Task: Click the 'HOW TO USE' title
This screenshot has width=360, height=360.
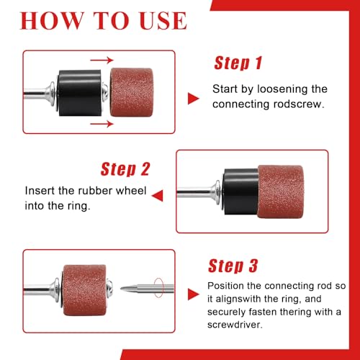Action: pyautogui.click(x=103, y=21)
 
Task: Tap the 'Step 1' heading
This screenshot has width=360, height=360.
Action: pyautogui.click(x=238, y=63)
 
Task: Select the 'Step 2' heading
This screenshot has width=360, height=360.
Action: pyautogui.click(x=125, y=169)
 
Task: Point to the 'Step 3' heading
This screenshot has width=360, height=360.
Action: pyautogui.click(x=233, y=266)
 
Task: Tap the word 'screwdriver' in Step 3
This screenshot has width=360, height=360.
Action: pyautogui.click(x=235, y=325)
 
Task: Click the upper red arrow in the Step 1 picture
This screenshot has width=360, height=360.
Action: pyautogui.click(x=102, y=60)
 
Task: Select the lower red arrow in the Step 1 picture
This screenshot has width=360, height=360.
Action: pyautogui.click(x=102, y=124)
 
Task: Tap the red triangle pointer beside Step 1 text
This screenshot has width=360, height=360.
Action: pyautogui.click(x=193, y=99)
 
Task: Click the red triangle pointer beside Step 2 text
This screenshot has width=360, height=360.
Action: pyautogui.click(x=158, y=196)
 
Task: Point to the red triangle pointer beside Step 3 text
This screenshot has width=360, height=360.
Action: pyautogui.click(x=193, y=294)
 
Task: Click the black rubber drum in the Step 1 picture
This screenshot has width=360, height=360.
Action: pyautogui.click(x=80, y=93)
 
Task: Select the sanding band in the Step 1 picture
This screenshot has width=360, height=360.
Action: pyautogui.click(x=132, y=92)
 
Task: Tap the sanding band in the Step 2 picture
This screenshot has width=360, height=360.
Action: pyautogui.click(x=281, y=192)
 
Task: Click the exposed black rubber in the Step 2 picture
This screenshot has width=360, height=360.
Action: pyautogui.click(x=240, y=192)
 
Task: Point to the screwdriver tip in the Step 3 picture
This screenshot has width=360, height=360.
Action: pyautogui.click(x=121, y=289)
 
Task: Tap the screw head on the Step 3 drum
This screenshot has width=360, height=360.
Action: pyautogui.click(x=110, y=287)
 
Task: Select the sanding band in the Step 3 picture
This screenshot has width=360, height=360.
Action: pyautogui.click(x=84, y=290)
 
